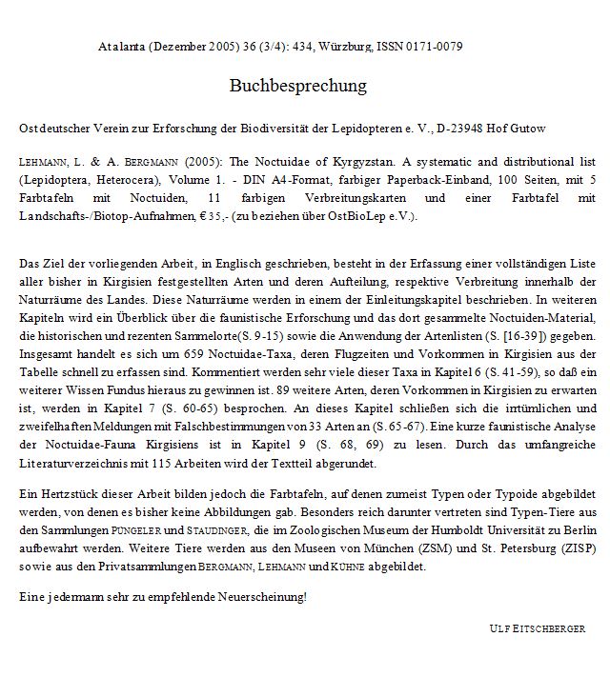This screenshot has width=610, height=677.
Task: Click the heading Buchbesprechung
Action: pyautogui.click(x=297, y=86)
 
